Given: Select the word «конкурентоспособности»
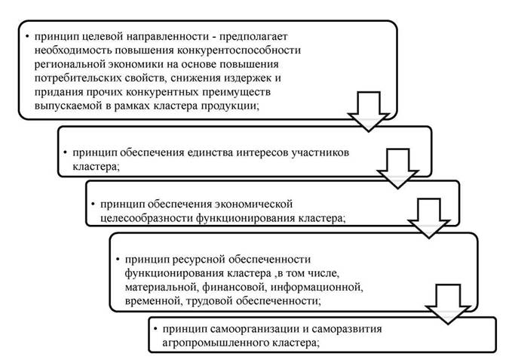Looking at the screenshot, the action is [x=239, y=51].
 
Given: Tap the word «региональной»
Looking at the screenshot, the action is [x=67, y=64].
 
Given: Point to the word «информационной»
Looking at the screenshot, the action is [x=317, y=288].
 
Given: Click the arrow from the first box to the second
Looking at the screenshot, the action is [x=369, y=112].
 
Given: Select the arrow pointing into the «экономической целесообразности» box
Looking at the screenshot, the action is [x=397, y=169].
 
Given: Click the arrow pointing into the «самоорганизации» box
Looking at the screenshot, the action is [x=448, y=304].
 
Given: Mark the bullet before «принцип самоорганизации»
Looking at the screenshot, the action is [x=156, y=329].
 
